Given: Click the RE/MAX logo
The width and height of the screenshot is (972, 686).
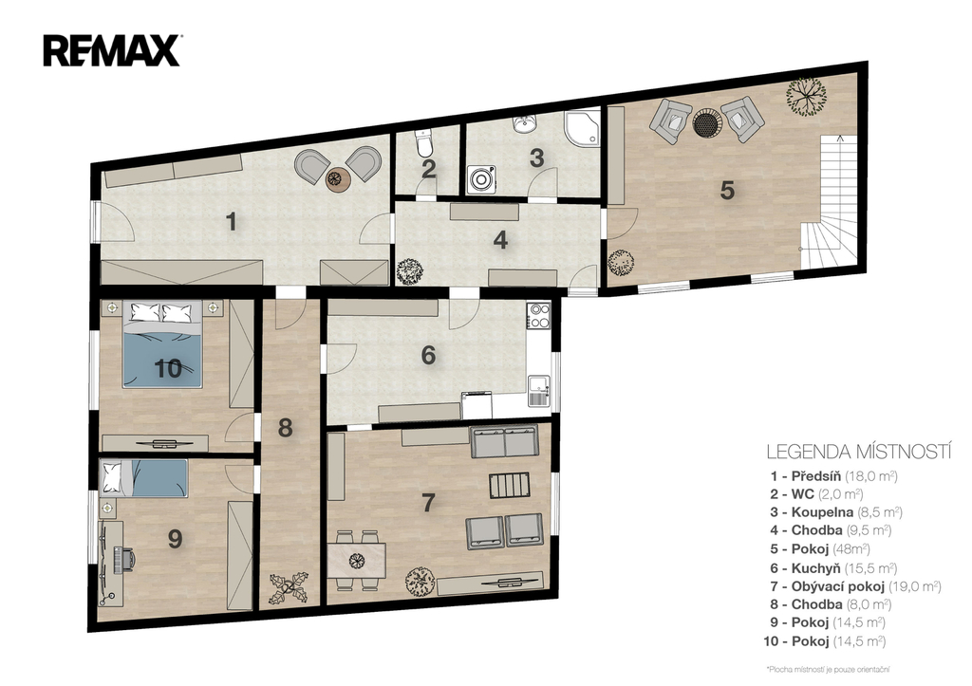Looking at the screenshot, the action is (112, 50).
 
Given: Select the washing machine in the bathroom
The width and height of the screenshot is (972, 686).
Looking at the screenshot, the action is (482, 179).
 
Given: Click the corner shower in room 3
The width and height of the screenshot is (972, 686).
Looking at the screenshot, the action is (582, 128).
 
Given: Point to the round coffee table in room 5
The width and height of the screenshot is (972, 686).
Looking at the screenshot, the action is (706, 122).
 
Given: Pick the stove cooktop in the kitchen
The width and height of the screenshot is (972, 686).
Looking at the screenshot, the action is (538, 315).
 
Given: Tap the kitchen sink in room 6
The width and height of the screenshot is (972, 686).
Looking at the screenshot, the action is (539, 391).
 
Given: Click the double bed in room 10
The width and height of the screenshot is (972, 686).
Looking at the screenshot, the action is (162, 343).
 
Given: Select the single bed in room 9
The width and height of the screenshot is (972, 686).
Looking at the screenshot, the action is (144, 478).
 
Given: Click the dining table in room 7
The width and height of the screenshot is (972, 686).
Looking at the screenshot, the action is (356, 560).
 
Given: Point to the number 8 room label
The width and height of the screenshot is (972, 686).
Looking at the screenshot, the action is (285, 428).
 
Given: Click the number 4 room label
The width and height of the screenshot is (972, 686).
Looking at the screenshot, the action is (500, 240).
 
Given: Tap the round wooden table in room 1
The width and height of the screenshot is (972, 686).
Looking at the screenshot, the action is (339, 179).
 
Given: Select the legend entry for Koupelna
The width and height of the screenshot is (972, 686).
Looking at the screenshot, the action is (836, 512).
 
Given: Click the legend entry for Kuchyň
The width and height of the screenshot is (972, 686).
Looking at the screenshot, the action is (833, 568).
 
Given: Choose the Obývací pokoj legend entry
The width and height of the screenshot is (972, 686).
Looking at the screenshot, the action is (856, 586).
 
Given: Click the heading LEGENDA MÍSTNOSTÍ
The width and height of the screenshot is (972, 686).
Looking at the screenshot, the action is (858, 451).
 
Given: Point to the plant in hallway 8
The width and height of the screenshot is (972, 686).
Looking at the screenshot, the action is (289, 587).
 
